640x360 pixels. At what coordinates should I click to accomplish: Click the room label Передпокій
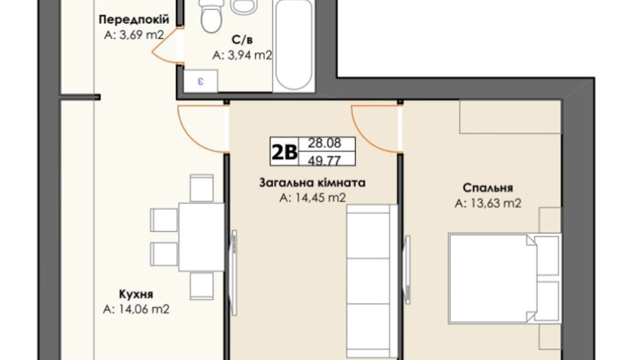point(134,19)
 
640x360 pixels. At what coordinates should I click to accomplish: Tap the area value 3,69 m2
point(134,35)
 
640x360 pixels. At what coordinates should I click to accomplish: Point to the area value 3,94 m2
point(242,55)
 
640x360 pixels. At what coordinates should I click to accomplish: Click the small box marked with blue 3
point(200,81)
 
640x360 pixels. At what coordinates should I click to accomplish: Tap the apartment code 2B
point(284,152)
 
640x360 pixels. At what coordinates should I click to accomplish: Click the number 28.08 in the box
point(324,143)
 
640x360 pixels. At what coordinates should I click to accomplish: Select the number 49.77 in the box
point(324,160)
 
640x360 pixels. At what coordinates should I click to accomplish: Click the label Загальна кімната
point(312,183)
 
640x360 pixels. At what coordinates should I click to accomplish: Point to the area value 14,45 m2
point(312,198)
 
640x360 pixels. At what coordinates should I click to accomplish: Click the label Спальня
point(487,188)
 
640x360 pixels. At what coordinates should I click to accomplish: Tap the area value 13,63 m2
point(487,203)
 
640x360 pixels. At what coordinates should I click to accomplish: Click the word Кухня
point(136,294)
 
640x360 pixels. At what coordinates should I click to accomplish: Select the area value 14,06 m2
point(136,309)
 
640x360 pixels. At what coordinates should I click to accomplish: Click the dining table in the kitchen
point(201,237)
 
